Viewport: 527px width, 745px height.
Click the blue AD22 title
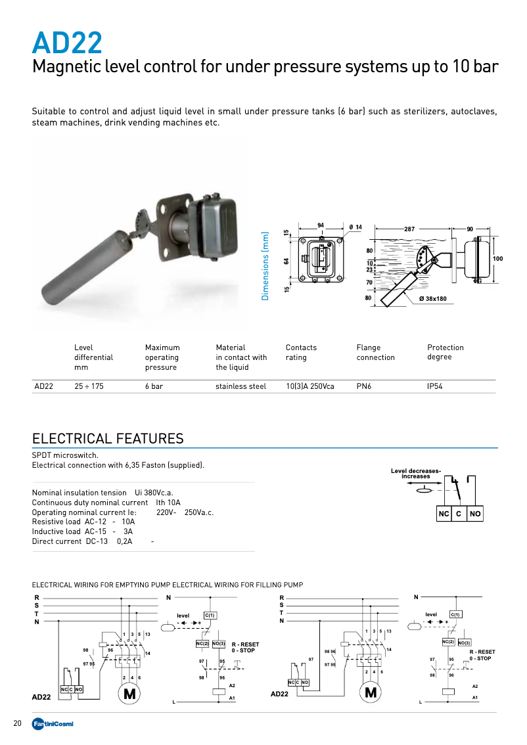pos(67,43)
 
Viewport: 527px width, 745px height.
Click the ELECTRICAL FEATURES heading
pos(108,438)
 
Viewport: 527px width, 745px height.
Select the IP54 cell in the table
pos(434,386)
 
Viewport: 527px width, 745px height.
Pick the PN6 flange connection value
pos(364,386)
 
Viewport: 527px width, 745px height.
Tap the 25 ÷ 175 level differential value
pos(89,386)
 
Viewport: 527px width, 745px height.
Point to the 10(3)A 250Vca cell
pos(309,386)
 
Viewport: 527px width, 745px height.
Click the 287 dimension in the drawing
pos(409,229)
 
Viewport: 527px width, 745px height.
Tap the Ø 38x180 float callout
pos(432,299)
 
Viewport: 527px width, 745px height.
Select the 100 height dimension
pos(497,259)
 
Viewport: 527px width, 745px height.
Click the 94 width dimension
pos(321,225)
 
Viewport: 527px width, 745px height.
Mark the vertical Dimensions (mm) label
pos(265,266)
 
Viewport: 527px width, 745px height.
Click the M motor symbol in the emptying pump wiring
pos(129,693)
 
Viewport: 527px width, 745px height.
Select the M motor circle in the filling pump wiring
pos(371,692)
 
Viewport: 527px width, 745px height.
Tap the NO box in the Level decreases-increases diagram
pos(474,514)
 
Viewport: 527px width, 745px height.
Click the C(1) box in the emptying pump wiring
pos(210,615)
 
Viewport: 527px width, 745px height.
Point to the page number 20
pos(18,723)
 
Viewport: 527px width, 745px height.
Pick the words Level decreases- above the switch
pos(416,470)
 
